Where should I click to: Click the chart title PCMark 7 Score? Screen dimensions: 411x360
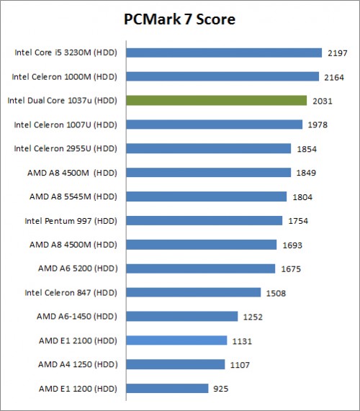pyautogui.click(x=179, y=19)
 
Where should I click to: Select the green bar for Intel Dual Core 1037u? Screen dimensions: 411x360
pyautogui.click(x=217, y=101)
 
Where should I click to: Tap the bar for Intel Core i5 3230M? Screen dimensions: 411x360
pyautogui.click(x=224, y=53)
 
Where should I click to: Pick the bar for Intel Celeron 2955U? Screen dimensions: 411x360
pyautogui.click(x=209, y=148)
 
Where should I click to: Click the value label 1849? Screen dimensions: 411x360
pyautogui.click(x=305, y=173)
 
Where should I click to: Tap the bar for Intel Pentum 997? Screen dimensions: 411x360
pyautogui.click(x=204, y=220)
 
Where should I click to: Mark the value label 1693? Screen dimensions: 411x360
pyautogui.click(x=292, y=245)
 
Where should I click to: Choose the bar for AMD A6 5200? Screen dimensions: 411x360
pyautogui.click(x=201, y=268)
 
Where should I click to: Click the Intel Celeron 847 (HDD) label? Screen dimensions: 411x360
pyautogui.click(x=71, y=292)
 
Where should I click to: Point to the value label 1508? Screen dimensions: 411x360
pyautogui.click(x=275, y=293)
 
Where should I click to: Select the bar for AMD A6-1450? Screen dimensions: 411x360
pyautogui.click(x=182, y=316)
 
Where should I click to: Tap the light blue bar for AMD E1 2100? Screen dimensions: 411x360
pyautogui.click(x=177, y=340)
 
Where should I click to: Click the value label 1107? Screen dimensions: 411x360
pyautogui.click(x=240, y=365)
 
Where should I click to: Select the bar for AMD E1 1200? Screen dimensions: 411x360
pyautogui.click(x=168, y=389)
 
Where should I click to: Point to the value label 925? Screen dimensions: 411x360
pyautogui.click(x=221, y=389)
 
